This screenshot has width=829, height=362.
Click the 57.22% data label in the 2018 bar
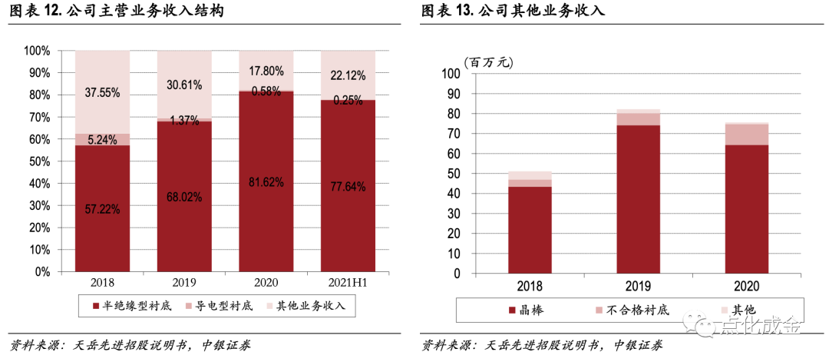point(102,210)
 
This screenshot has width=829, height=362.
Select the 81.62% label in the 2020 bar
point(266,183)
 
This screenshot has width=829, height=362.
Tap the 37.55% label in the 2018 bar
point(102,93)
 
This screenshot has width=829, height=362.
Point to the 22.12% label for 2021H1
point(348,76)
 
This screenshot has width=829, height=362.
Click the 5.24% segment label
point(102,140)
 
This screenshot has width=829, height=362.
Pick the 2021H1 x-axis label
point(348,283)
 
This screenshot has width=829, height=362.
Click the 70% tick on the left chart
point(38,118)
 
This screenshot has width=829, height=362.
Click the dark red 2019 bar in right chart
point(638,200)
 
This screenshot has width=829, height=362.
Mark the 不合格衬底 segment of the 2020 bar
point(747,135)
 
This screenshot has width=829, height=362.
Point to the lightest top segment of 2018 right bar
point(530,176)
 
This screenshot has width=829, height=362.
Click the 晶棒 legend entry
point(531,311)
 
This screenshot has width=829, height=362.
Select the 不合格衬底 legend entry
point(631,311)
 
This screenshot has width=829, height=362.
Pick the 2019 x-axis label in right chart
point(638,287)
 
